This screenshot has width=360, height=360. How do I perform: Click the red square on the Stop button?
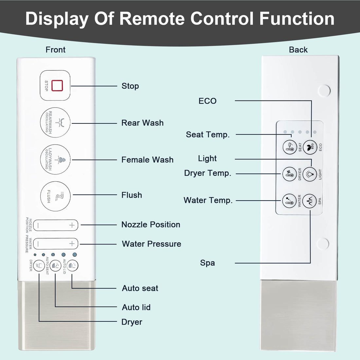click(57, 85)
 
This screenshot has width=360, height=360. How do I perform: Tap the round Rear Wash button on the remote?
click(55, 122)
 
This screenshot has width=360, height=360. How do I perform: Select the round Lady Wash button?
click(55, 159)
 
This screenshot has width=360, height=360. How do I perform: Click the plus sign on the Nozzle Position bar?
click(72, 225)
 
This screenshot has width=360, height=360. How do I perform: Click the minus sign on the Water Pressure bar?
click(38, 244)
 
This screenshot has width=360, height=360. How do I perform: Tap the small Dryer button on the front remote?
click(39, 265)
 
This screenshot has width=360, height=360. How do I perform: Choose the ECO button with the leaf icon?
click(310, 147)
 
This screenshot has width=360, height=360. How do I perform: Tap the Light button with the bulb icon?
click(310, 174)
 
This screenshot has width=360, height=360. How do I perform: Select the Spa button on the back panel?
click(310, 201)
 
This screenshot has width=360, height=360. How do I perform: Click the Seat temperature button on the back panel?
click(290, 147)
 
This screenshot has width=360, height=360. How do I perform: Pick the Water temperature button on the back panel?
click(290, 201)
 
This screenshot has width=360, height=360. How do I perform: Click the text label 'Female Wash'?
click(147, 160)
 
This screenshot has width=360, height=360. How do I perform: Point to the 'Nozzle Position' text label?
click(151, 225)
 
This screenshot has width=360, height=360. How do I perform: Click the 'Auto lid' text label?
click(136, 307)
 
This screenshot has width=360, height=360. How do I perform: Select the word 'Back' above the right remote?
click(298, 50)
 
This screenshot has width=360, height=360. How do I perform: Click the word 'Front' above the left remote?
click(55, 50)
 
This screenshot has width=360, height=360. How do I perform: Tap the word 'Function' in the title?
click(297, 19)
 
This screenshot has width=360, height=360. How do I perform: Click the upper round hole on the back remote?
click(324, 91)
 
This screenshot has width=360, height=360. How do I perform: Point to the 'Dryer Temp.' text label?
click(207, 173)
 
